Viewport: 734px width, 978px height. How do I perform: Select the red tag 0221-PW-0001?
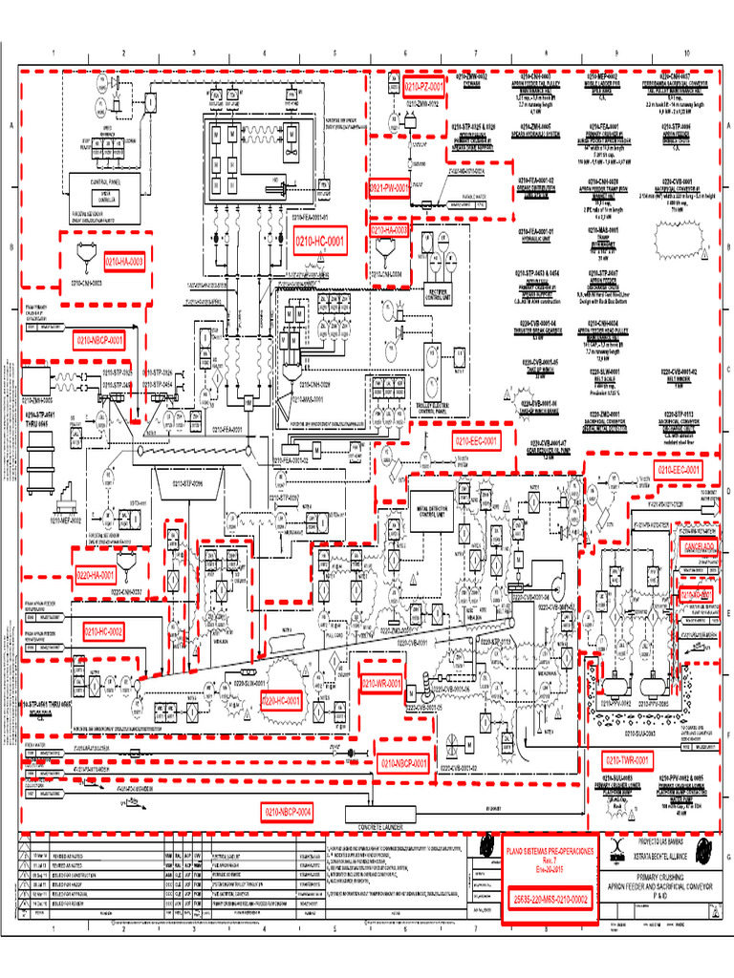[390, 189]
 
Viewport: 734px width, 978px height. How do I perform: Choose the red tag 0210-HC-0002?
[103, 631]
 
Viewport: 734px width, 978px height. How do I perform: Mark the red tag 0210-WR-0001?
[381, 684]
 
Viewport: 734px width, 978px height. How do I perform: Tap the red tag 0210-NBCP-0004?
[288, 811]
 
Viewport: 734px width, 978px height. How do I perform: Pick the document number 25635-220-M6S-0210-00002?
[550, 899]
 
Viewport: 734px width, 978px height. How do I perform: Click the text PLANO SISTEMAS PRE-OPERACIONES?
[550, 849]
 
